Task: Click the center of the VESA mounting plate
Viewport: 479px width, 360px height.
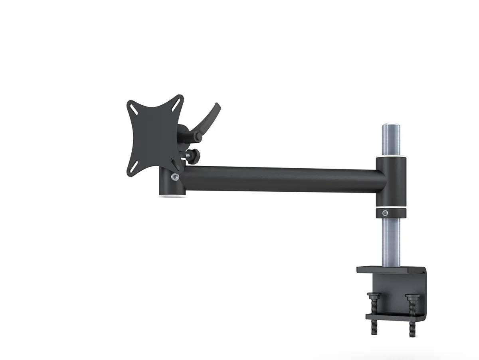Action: (x=154, y=136)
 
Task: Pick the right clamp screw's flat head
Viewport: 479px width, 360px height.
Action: (x=411, y=296)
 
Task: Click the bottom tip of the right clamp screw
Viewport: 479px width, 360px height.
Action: (x=412, y=334)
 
